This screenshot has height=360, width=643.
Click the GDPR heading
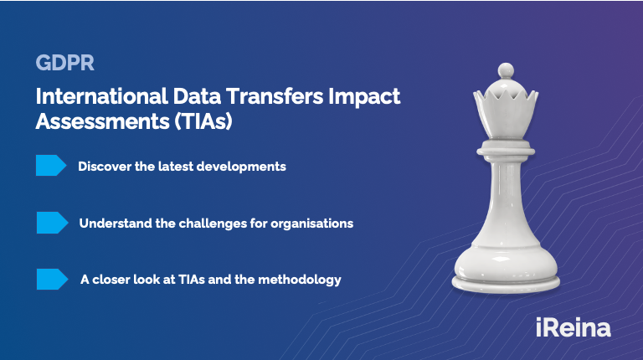(64, 63)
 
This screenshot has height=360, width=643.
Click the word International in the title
(101, 96)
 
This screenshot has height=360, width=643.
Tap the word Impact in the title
(364, 97)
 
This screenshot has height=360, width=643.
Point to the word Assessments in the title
(102, 121)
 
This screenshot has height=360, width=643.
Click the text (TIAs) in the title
(203, 121)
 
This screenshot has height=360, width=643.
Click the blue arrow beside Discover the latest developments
(51, 165)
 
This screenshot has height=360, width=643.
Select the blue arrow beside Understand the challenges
(52, 223)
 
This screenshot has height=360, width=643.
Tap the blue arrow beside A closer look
(52, 280)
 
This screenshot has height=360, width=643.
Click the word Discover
(105, 167)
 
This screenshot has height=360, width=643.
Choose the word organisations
(311, 224)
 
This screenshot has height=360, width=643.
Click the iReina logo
(574, 327)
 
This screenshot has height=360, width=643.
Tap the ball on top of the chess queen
(506, 70)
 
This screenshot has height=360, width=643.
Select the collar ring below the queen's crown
(506, 148)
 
